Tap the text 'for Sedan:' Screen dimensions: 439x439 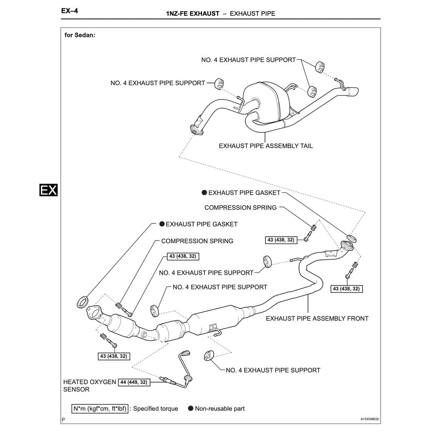[80, 36]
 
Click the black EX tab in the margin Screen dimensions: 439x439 [48, 190]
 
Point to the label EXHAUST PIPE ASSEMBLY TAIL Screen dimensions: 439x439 [266, 146]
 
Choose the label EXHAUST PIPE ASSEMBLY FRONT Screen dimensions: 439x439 [317, 319]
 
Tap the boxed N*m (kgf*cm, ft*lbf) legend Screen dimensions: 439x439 [99, 409]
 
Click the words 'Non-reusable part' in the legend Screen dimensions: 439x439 [219, 409]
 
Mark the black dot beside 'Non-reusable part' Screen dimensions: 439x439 [190, 409]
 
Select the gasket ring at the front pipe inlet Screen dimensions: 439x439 [82, 302]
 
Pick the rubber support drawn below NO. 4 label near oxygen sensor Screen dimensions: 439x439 [208, 356]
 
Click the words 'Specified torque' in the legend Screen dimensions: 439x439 [156, 409]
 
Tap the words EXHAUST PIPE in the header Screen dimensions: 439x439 [252, 14]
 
